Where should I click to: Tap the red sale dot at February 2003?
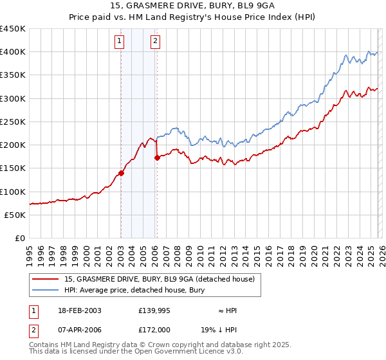point(120,174)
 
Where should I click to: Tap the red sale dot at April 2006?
point(156,158)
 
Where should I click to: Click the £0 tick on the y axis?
point(20,238)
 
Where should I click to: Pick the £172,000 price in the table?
point(154,328)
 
